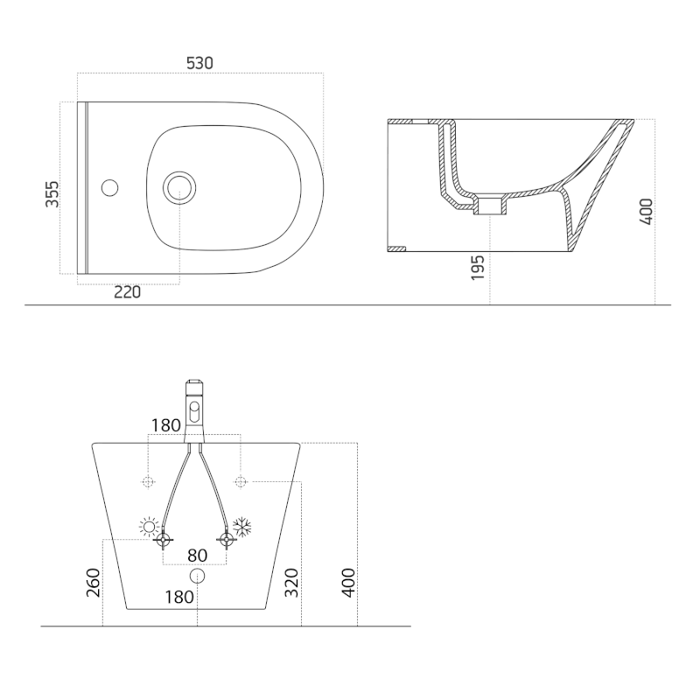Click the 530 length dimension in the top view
tap(199, 63)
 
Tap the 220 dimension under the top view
tap(128, 292)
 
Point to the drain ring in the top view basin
tap(180, 185)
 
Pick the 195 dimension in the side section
tap(477, 268)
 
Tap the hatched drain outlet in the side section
tap(489, 206)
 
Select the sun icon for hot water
tap(150, 527)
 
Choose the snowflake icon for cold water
tap(241, 527)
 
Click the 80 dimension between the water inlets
tap(197, 555)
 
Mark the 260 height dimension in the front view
tap(94, 582)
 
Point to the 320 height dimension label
tap(291, 582)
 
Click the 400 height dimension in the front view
tap(347, 582)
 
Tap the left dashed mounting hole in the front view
tap(148, 481)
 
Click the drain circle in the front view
tap(197, 576)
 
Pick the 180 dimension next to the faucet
tap(166, 425)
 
